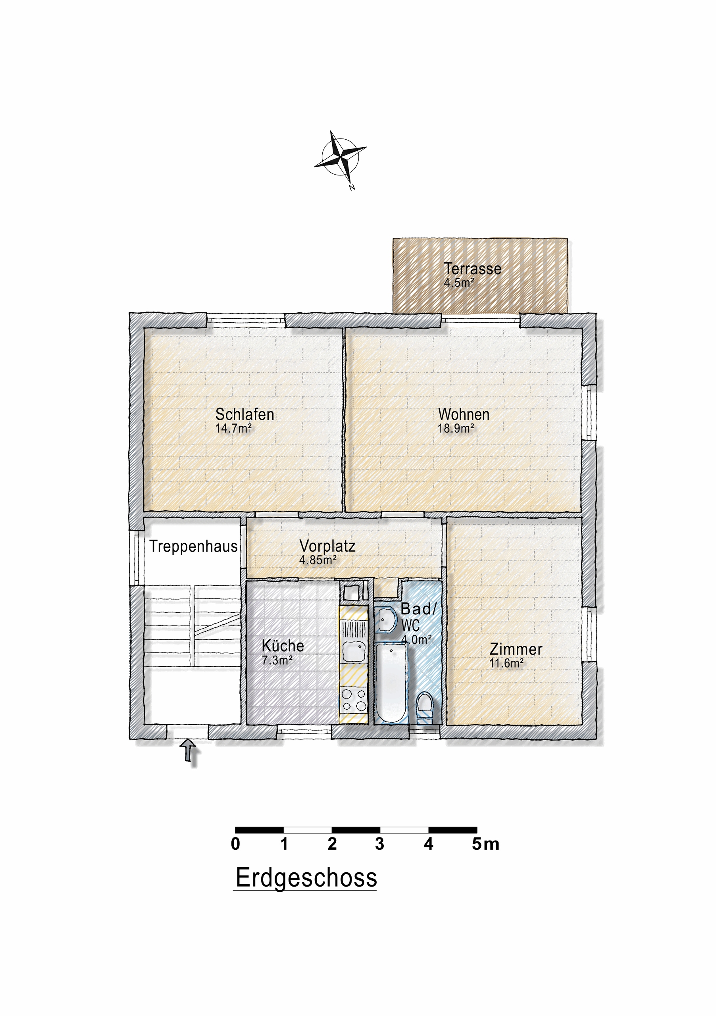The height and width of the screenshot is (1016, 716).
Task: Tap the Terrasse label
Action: coord(472,269)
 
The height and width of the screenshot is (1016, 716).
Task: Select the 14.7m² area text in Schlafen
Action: coord(233,428)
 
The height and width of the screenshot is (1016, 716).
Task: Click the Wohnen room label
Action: coord(463,414)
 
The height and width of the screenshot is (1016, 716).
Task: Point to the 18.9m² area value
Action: coord(456,428)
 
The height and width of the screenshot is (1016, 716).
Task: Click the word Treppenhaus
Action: coord(193,546)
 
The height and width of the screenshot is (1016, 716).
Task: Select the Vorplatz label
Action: coord(327,546)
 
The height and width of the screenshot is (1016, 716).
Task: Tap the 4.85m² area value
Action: coord(317,560)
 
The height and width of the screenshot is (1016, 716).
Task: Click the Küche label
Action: coord(282,646)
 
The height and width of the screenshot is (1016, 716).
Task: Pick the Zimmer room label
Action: coord(516,649)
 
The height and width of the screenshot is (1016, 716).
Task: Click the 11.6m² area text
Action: coord(506,663)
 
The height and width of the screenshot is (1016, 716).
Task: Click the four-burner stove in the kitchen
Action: coord(353,700)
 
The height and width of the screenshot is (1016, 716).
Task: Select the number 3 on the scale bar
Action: coord(379,844)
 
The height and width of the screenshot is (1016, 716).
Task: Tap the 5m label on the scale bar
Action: coord(485,844)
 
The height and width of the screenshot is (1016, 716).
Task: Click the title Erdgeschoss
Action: coord(306,878)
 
